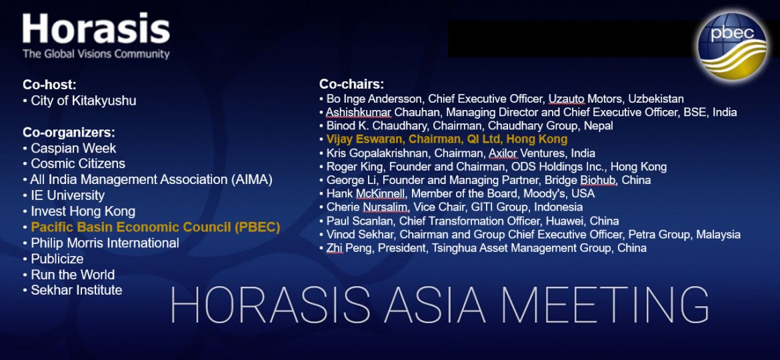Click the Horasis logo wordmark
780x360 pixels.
point(96,29)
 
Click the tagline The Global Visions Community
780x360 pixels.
point(96,54)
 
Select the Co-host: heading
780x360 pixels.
point(49,85)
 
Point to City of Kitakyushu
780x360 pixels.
point(83,101)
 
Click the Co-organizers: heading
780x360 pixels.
point(69,132)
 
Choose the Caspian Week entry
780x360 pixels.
point(73,148)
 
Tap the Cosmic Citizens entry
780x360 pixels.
point(78,163)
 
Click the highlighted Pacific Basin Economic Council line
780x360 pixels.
point(155,227)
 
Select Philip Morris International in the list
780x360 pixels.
point(105,243)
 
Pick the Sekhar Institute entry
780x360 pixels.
point(77,290)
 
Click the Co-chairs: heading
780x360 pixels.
point(351,85)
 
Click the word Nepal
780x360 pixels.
point(599,125)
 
